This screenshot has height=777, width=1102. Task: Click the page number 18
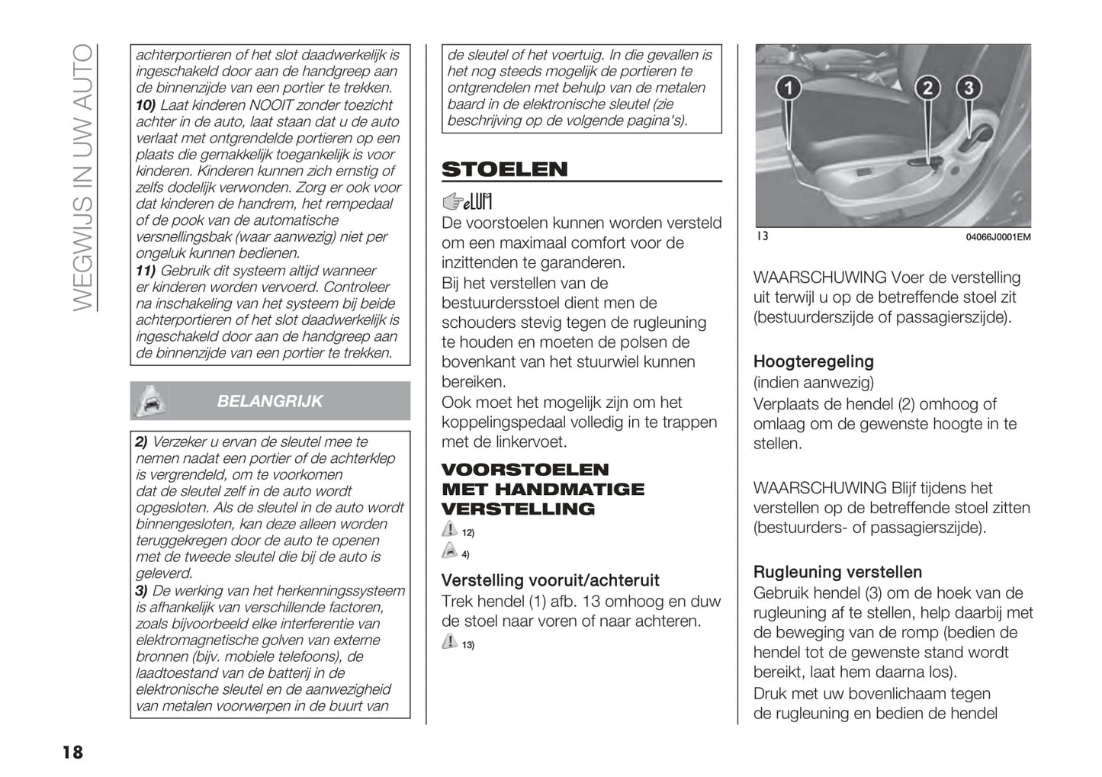pos(72,753)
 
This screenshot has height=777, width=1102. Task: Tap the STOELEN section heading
pos(504,169)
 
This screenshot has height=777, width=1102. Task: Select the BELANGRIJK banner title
pos(270,401)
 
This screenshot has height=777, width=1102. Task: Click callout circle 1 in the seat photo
pos(789,88)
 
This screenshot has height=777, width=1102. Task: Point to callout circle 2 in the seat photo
pos(927,88)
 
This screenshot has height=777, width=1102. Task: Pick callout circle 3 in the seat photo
pos(969,88)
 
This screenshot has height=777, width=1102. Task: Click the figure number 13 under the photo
pos(762,236)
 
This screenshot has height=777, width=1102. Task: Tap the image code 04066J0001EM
pos(998,237)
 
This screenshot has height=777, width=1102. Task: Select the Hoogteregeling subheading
pos(813,361)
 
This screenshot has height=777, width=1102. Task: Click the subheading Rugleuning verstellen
pos(837,572)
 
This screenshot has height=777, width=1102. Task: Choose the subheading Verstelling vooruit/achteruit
pos(550,580)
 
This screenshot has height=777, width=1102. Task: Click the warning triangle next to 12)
pos(450,530)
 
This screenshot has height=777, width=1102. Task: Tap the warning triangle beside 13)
pos(450,643)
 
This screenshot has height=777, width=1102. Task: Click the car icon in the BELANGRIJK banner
pos(149,401)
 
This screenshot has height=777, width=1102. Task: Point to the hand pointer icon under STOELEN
pos(453,201)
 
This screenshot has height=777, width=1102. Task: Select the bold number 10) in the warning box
pos(146,105)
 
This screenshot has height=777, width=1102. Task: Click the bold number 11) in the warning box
pos(146,271)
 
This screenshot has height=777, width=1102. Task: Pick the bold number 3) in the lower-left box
pos(142,591)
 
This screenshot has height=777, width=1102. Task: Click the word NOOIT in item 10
pos(271,105)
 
